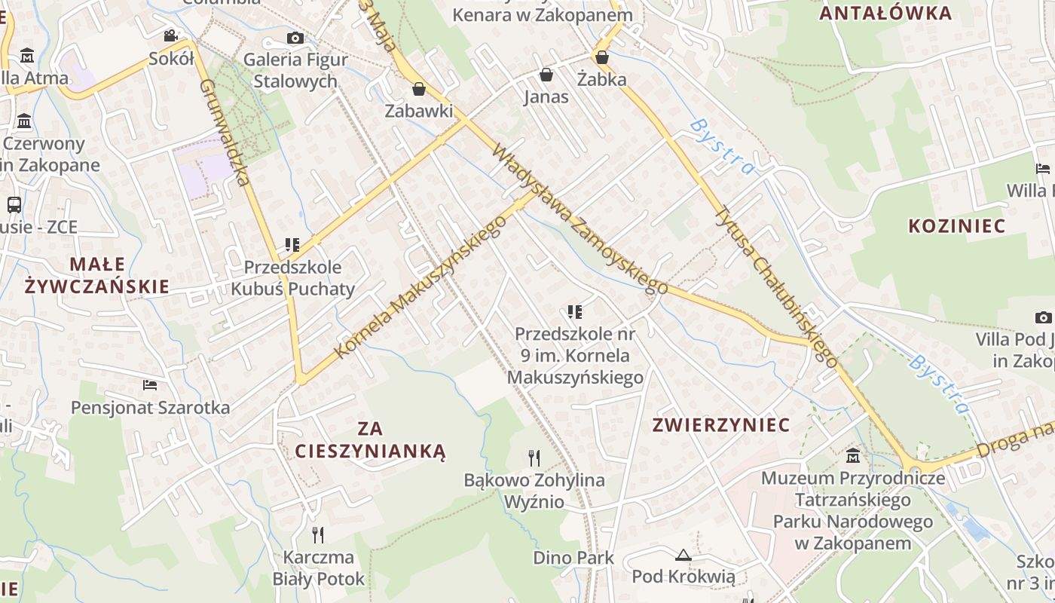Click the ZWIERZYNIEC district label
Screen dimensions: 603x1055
pyautogui.click(x=721, y=425)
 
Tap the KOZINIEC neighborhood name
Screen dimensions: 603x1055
pyautogui.click(x=957, y=226)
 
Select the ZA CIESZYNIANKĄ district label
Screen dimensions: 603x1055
pyautogui.click(x=370, y=440)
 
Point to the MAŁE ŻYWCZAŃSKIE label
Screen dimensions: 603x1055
pyautogui.click(x=96, y=275)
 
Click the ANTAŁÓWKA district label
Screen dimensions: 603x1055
pyautogui.click(x=885, y=13)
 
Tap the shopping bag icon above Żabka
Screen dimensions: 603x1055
pyautogui.click(x=601, y=57)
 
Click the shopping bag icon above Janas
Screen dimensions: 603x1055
pyautogui.click(x=546, y=75)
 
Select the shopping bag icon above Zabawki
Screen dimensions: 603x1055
pyautogui.click(x=419, y=89)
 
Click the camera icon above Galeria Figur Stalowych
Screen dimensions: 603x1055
pyautogui.click(x=295, y=38)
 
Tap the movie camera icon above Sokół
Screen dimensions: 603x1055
pyautogui.click(x=171, y=35)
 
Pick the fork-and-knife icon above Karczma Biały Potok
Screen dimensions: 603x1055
pyautogui.click(x=318, y=535)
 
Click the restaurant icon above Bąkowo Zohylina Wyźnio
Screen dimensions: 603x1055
pyautogui.click(x=534, y=458)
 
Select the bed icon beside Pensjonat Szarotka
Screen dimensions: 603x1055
pyautogui.click(x=150, y=385)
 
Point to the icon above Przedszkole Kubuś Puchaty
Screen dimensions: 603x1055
pyautogui.click(x=292, y=245)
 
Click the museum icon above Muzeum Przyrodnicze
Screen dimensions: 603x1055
pyautogui.click(x=853, y=455)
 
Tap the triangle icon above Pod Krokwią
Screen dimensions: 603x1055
pyautogui.click(x=683, y=556)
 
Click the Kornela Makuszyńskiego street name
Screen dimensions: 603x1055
pyautogui.click(x=420, y=287)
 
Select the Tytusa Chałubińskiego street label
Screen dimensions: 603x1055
pyautogui.click(x=775, y=287)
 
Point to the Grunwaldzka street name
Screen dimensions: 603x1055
pyautogui.click(x=225, y=132)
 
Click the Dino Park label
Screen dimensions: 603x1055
pyautogui.click(x=573, y=559)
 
